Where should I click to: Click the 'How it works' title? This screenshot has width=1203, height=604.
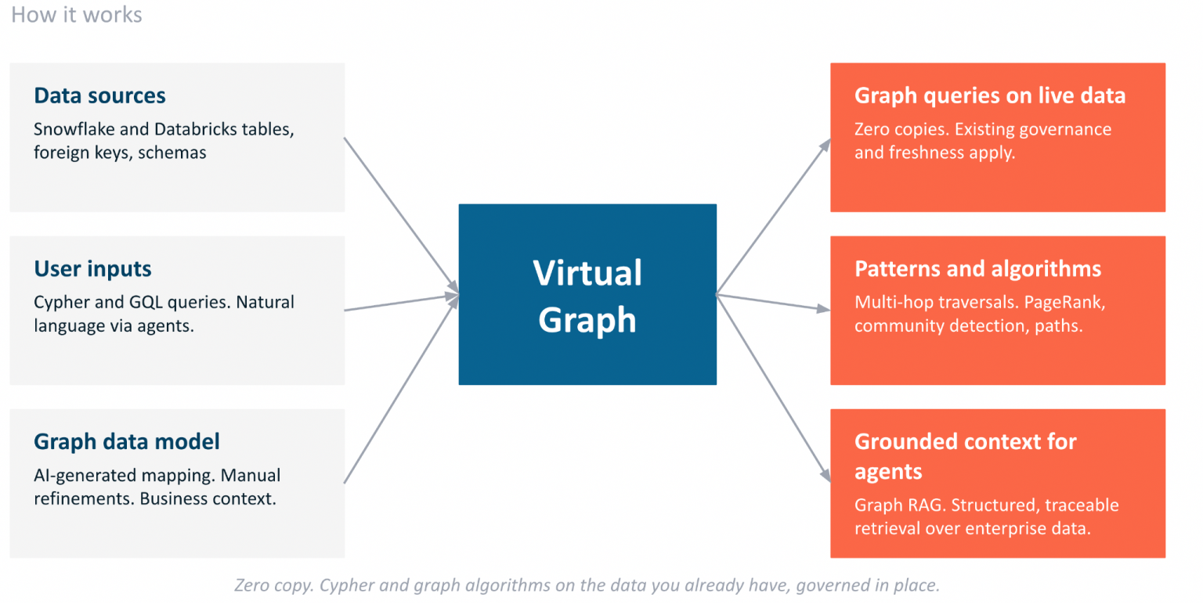[x=76, y=15]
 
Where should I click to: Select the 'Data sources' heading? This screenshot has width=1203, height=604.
[x=99, y=95]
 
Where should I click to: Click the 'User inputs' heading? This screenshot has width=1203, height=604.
[x=92, y=268]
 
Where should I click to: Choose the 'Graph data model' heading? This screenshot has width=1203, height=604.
[x=127, y=442]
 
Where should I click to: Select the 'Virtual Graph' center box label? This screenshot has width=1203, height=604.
[x=587, y=296]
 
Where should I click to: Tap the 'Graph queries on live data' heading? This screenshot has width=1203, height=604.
[x=990, y=95]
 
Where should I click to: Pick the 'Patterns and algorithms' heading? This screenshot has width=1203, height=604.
[x=977, y=268]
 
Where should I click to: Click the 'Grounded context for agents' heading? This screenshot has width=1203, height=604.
[x=966, y=456]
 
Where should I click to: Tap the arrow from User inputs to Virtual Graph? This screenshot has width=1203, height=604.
[x=402, y=302]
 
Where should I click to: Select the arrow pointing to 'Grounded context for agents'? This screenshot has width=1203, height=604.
[x=774, y=388]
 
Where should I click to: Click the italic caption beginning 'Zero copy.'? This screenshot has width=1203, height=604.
[x=587, y=584]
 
